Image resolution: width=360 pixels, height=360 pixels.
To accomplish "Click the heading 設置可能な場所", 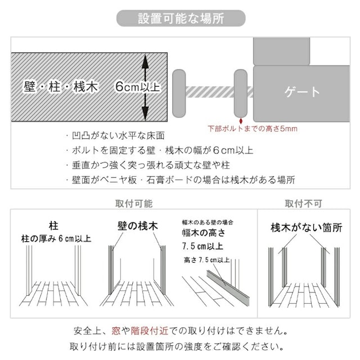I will click(180, 17).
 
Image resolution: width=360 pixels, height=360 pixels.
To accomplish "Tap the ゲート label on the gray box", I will click(303, 92).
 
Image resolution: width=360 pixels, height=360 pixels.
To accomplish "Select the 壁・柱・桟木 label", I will click(61, 87).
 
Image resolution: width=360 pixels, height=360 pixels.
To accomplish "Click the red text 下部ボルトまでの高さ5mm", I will click(252, 129).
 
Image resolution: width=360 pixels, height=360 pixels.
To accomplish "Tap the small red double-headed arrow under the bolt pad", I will click(241, 119).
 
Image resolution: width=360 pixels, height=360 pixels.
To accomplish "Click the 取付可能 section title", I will click(133, 204).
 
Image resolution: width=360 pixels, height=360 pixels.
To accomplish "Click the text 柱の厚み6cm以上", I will click(56, 238).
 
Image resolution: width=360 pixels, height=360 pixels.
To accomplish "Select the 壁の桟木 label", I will click(138, 226).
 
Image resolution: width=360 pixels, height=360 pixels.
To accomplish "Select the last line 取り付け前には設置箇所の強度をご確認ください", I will click(180, 345).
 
